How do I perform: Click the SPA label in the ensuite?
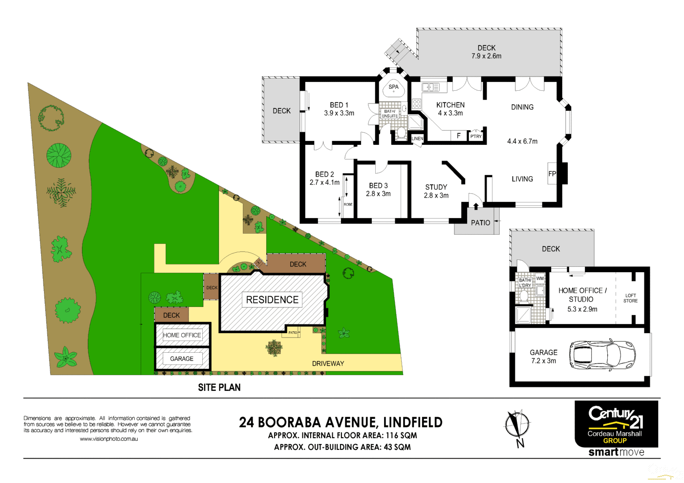coord(393,87)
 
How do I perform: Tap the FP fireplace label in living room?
coord(552,174)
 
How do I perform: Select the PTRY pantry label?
coord(476,137)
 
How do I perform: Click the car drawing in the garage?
coord(602,354)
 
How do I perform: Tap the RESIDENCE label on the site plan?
coord(272,300)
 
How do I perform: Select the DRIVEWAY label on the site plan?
coord(328,363)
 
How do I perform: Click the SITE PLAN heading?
coord(219,387)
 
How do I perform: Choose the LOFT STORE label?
coord(630,298)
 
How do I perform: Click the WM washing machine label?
coord(540,279)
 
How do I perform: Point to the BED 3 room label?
coord(378,186)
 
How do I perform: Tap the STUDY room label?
coord(436,187)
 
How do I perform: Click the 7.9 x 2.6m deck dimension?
coord(486,56)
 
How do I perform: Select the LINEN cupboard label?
coord(417,139)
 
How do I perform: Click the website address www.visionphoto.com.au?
coord(108,439)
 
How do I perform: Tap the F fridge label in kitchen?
coord(458,136)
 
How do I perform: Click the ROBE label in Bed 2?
coord(348,204)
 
